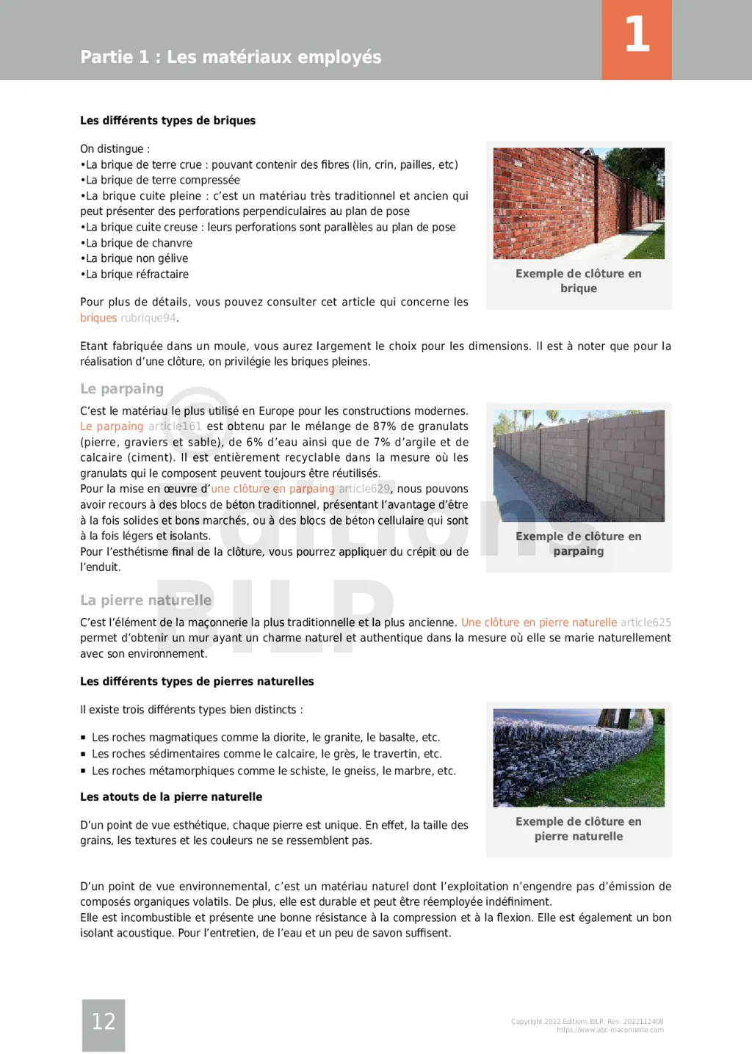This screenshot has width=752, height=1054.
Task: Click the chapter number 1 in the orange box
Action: (x=637, y=35)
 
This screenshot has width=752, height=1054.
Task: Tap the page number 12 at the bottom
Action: (x=104, y=1021)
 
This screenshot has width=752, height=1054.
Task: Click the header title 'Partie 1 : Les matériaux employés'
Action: (x=231, y=57)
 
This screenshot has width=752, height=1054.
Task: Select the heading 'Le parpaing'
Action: (x=122, y=388)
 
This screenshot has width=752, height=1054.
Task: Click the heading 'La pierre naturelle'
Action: (x=145, y=600)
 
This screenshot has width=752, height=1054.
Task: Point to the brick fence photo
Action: (x=579, y=203)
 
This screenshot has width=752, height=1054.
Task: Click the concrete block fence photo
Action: (x=579, y=465)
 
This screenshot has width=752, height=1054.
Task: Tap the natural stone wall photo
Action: (x=579, y=757)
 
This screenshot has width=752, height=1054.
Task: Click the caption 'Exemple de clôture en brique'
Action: (x=579, y=280)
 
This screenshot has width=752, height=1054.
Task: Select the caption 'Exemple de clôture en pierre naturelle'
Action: (x=579, y=829)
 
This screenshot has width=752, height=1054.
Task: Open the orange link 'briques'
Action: (x=98, y=318)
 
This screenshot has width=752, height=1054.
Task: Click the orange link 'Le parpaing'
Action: (x=112, y=426)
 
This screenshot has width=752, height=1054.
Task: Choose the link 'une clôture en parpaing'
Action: (x=272, y=489)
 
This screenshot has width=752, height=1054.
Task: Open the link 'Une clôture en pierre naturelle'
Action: (x=539, y=622)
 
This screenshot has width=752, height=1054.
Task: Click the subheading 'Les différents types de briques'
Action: (x=167, y=120)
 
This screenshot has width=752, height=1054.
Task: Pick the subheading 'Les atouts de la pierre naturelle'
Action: (x=171, y=796)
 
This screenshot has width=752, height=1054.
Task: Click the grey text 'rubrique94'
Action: (x=148, y=318)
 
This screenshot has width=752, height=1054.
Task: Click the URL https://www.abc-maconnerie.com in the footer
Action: (x=610, y=1030)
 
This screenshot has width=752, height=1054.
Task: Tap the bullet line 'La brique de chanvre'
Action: (x=139, y=243)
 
